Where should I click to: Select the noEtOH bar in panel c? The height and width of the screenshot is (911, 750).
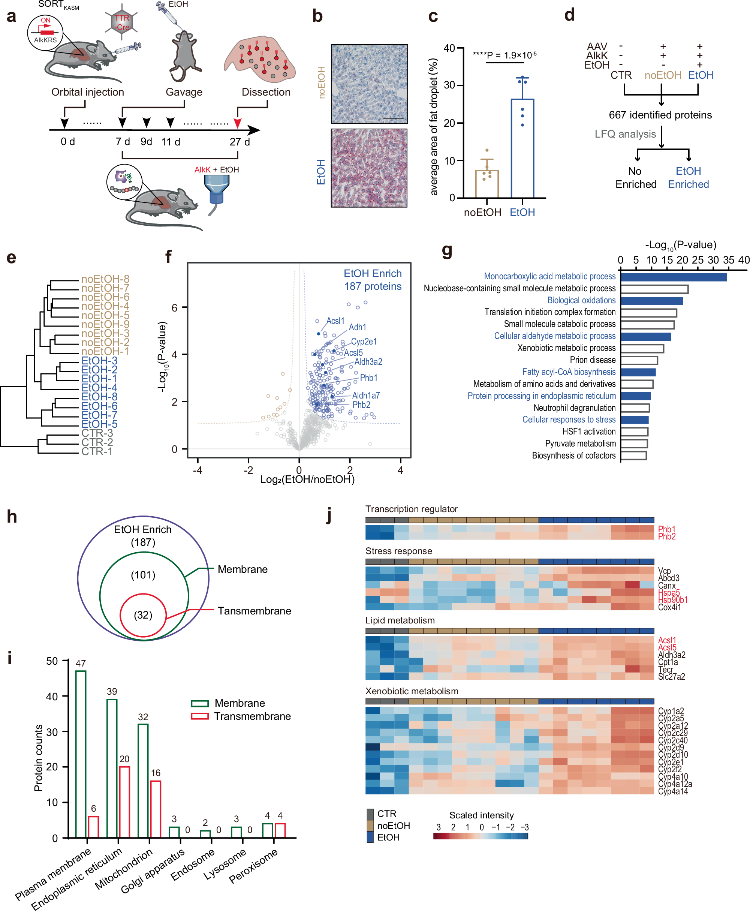tap(487, 184)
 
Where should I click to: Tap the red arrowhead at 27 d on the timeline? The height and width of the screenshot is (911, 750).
tap(237, 123)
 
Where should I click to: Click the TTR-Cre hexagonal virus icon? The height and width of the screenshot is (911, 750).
tap(121, 22)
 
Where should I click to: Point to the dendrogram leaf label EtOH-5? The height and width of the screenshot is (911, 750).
tap(99, 424)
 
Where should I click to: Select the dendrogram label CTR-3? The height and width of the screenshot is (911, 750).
tap(97, 433)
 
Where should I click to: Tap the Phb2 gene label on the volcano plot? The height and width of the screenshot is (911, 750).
tap(361, 405)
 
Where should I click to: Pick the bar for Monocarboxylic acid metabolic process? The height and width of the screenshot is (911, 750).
tap(673, 277)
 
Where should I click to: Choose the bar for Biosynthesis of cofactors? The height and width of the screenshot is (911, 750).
tap(633, 455)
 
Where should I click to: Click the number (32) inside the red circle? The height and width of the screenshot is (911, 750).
tap(143, 615)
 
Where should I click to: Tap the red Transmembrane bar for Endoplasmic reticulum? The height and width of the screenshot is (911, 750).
tap(124, 802)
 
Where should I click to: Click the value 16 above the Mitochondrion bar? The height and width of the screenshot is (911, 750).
tap(156, 773)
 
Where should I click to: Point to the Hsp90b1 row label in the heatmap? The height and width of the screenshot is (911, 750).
tap(673, 600)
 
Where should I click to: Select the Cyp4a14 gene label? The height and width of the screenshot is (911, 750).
tap(673, 791)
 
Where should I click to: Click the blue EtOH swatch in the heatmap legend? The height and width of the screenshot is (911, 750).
tap(370, 838)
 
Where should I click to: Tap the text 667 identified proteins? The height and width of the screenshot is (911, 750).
tap(660, 115)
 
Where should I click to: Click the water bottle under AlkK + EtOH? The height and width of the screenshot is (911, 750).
tap(216, 190)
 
